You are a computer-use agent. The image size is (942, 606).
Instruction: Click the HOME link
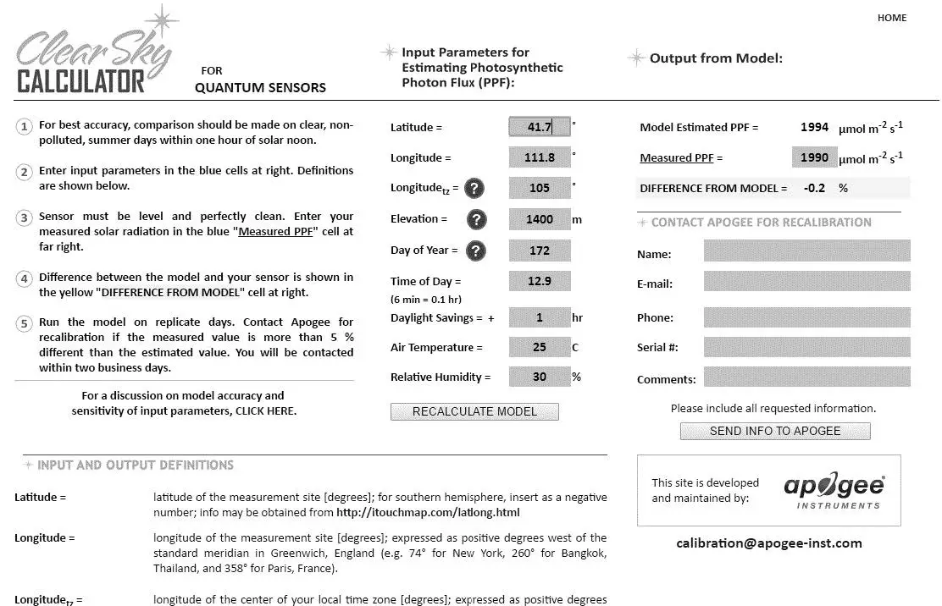[891, 18]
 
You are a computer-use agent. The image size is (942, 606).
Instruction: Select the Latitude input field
[540, 127]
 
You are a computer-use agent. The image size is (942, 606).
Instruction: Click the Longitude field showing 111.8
[540, 157]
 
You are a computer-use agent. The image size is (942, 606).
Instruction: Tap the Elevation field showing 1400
[540, 219]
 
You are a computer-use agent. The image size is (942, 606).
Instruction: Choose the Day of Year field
[540, 251]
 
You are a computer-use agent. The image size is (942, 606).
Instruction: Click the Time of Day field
[540, 281]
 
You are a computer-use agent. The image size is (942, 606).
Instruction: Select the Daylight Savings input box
[540, 317]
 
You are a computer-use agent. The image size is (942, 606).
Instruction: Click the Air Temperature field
[540, 347]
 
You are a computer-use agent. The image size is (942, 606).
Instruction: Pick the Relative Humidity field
[540, 377]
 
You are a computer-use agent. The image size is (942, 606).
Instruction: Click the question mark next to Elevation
[478, 219]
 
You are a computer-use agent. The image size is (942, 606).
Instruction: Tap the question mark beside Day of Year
[478, 251]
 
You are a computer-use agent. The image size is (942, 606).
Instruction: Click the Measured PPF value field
[814, 157]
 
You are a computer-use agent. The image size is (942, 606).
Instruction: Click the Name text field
[806, 251]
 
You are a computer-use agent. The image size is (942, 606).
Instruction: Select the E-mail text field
[806, 281]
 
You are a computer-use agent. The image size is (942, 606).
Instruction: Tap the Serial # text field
[806, 347]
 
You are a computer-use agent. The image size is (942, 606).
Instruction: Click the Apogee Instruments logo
[834, 490]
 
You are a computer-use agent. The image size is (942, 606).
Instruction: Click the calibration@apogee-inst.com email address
[769, 543]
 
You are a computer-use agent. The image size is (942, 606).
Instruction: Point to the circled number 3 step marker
[24, 218]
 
